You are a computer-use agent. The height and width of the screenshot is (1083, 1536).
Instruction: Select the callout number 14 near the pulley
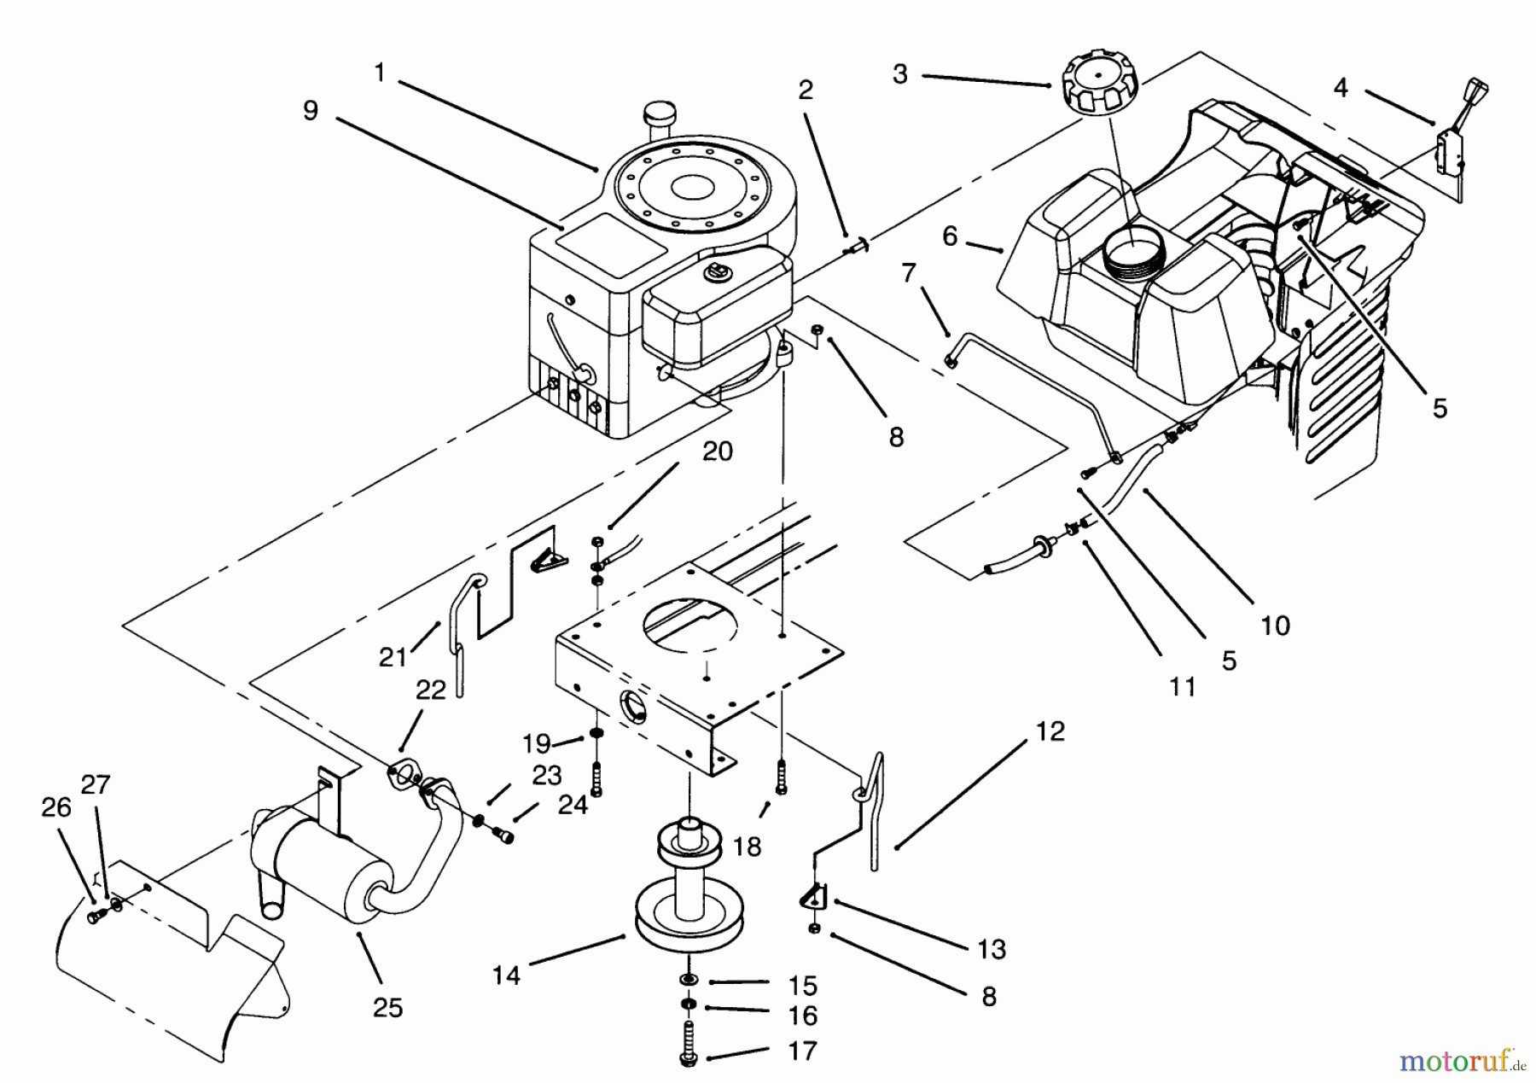[x=506, y=975]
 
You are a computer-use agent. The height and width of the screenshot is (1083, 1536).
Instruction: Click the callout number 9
[x=310, y=110]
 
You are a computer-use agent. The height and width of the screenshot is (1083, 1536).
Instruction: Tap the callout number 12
[x=1050, y=731]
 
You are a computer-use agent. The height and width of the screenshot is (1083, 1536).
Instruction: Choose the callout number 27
[x=96, y=783]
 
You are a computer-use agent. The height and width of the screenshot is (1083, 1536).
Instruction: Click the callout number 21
[x=393, y=657]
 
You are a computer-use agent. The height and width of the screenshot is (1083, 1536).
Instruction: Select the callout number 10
[x=1275, y=626]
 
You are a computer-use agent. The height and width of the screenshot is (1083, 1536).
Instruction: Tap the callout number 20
[x=717, y=451]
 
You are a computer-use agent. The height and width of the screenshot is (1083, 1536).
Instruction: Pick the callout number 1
[x=380, y=73]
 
